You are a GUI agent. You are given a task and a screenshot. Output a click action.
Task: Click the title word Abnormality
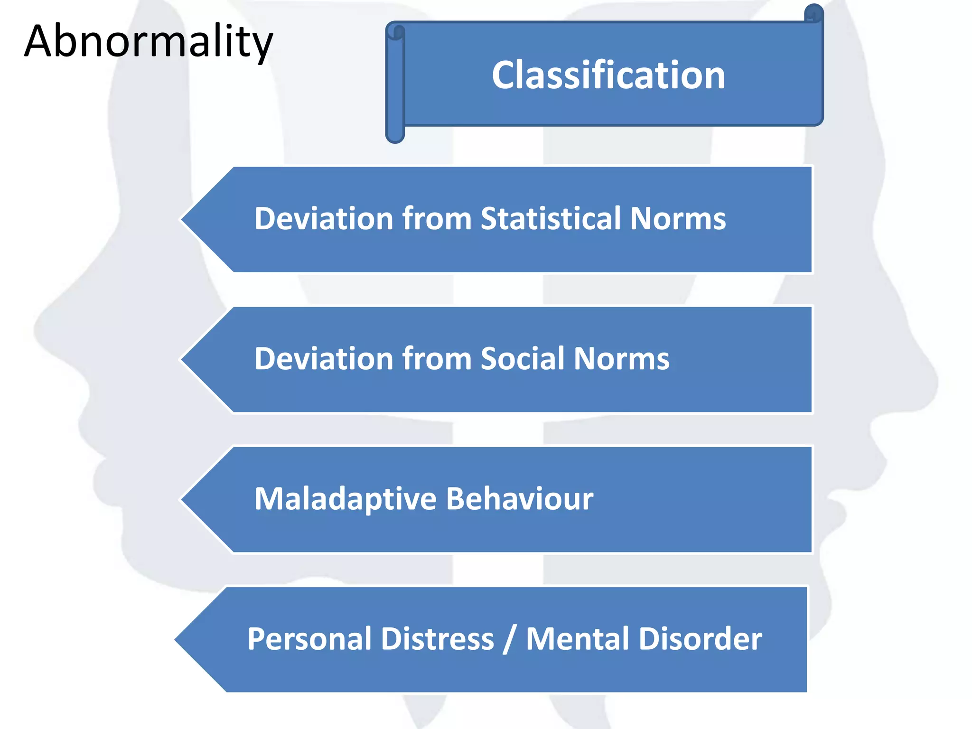pos(149,42)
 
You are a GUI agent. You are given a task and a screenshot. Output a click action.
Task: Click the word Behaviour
pos(520,499)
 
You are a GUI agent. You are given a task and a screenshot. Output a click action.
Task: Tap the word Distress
pos(437,639)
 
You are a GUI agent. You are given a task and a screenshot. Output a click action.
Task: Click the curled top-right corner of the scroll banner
pos(813,13)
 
